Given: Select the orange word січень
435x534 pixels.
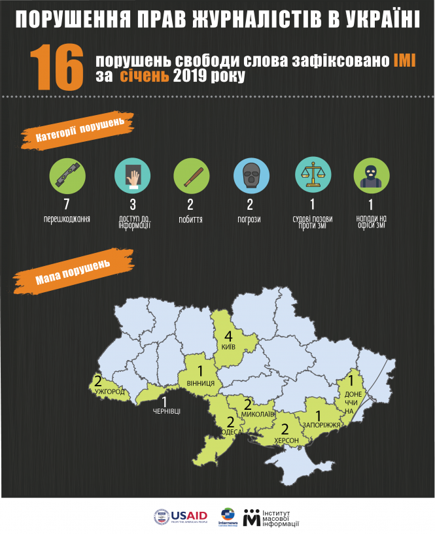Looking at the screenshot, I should click(x=145, y=77).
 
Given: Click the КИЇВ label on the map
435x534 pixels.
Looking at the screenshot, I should click(x=229, y=347).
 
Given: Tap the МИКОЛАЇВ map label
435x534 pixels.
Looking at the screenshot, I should click(x=258, y=415).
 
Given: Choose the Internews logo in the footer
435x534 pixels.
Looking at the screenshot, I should click(x=228, y=516).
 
